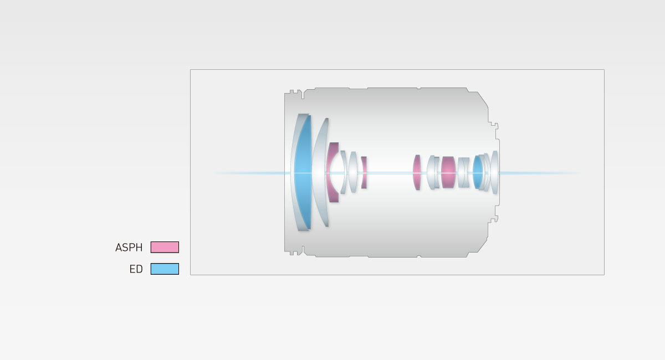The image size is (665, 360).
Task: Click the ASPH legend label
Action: coord(129,247)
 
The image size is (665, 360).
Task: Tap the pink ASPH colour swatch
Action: coord(165,247)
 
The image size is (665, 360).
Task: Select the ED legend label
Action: coord(136,269)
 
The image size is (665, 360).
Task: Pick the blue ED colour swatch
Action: coord(165,269)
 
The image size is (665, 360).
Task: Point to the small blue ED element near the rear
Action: coord(478,172)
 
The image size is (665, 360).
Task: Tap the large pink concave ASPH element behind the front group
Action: coord(332,172)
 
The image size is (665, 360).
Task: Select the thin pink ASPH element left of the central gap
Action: coord(364,172)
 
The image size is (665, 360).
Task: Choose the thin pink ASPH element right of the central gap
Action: coord(417,172)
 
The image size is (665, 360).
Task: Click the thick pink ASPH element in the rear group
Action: coord(448,172)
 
